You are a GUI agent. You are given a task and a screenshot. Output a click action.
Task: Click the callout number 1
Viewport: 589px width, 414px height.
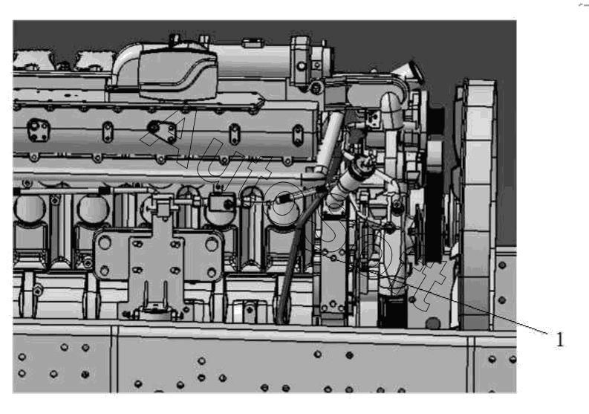[x=560, y=340]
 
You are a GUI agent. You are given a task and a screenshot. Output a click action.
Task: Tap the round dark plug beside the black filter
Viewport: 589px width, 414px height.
[x=433, y=323]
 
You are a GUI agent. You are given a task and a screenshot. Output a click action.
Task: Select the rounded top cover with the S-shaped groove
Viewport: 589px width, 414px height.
[x=178, y=74]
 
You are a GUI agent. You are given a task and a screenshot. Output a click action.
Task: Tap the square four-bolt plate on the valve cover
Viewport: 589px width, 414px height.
[x=39, y=130]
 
